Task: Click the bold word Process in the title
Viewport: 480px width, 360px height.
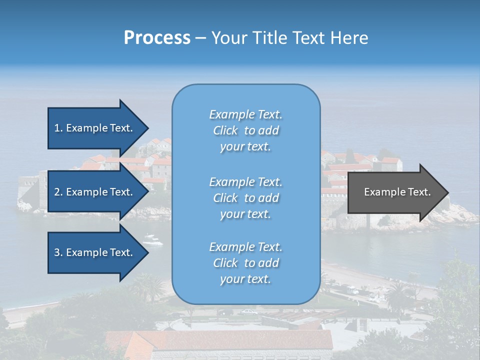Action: (157, 38)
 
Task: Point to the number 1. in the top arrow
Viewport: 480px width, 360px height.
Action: (58, 128)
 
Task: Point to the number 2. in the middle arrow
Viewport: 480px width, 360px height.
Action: (58, 192)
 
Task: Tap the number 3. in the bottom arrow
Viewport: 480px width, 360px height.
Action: (58, 252)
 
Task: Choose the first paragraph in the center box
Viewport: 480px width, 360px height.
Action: (245, 130)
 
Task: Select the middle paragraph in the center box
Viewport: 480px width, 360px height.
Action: (245, 198)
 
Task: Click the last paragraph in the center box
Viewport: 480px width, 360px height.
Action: (245, 263)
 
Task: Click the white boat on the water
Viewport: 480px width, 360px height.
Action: (153, 240)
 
